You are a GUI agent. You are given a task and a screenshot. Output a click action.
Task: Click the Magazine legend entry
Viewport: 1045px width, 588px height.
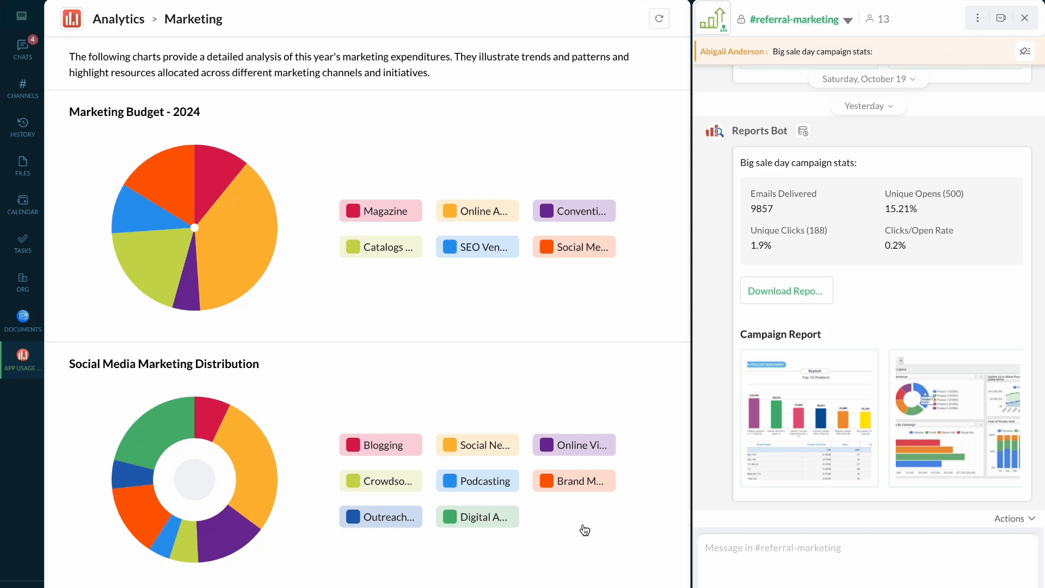click(x=380, y=211)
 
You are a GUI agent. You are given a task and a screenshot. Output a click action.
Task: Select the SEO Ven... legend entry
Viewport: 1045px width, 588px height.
click(x=477, y=247)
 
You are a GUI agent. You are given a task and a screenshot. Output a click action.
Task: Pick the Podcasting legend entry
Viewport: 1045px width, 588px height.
click(x=477, y=481)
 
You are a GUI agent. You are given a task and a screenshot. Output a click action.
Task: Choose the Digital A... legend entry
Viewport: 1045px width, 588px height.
click(x=477, y=517)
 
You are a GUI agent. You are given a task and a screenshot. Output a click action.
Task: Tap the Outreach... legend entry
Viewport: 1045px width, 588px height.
click(x=380, y=517)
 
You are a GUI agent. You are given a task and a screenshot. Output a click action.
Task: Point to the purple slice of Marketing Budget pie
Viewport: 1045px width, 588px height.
click(x=188, y=289)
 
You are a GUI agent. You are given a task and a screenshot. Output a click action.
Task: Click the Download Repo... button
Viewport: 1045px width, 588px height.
click(x=786, y=291)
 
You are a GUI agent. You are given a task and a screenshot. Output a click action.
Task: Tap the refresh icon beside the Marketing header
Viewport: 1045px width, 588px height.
click(x=659, y=19)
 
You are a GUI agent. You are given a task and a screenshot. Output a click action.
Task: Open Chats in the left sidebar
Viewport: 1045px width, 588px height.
click(x=22, y=49)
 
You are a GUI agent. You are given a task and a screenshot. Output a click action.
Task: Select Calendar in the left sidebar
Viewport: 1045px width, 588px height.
click(x=22, y=204)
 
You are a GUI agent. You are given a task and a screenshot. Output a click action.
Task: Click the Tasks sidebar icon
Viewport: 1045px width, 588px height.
click(x=22, y=243)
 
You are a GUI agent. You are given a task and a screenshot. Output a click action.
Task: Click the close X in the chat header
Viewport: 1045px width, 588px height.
click(x=1024, y=18)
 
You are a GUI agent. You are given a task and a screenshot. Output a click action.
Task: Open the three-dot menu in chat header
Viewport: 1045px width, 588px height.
click(x=978, y=18)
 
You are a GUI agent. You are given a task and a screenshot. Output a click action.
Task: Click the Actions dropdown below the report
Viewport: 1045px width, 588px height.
click(x=1014, y=519)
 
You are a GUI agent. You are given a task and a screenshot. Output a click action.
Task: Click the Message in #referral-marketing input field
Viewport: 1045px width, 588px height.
click(x=868, y=548)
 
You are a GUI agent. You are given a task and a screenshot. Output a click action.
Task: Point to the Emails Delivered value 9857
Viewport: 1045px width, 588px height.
click(x=761, y=209)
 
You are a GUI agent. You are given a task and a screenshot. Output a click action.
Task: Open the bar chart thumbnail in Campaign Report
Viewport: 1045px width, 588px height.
click(x=809, y=418)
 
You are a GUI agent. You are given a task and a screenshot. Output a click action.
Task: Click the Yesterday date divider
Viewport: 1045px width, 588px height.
click(x=868, y=106)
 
